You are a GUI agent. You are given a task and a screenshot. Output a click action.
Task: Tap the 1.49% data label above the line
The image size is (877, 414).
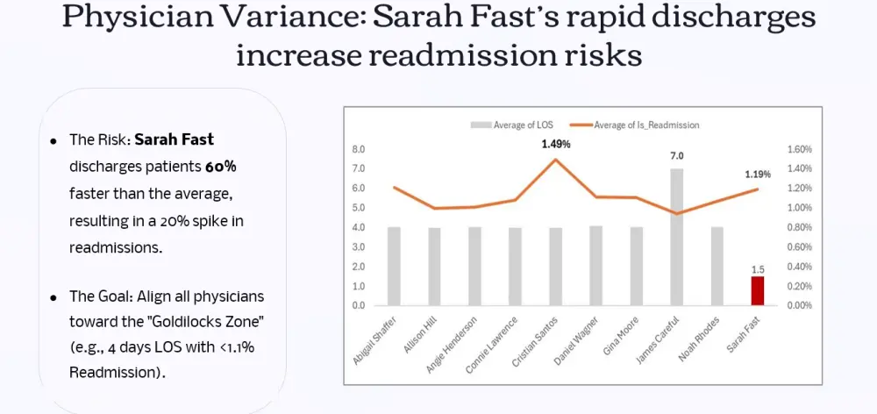[x=555, y=144]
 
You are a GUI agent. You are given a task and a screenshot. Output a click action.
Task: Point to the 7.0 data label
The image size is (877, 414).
[x=677, y=156]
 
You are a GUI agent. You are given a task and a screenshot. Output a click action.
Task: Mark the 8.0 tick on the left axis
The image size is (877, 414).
[x=359, y=149]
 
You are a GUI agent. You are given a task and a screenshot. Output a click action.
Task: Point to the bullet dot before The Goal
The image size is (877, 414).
[x=53, y=298]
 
